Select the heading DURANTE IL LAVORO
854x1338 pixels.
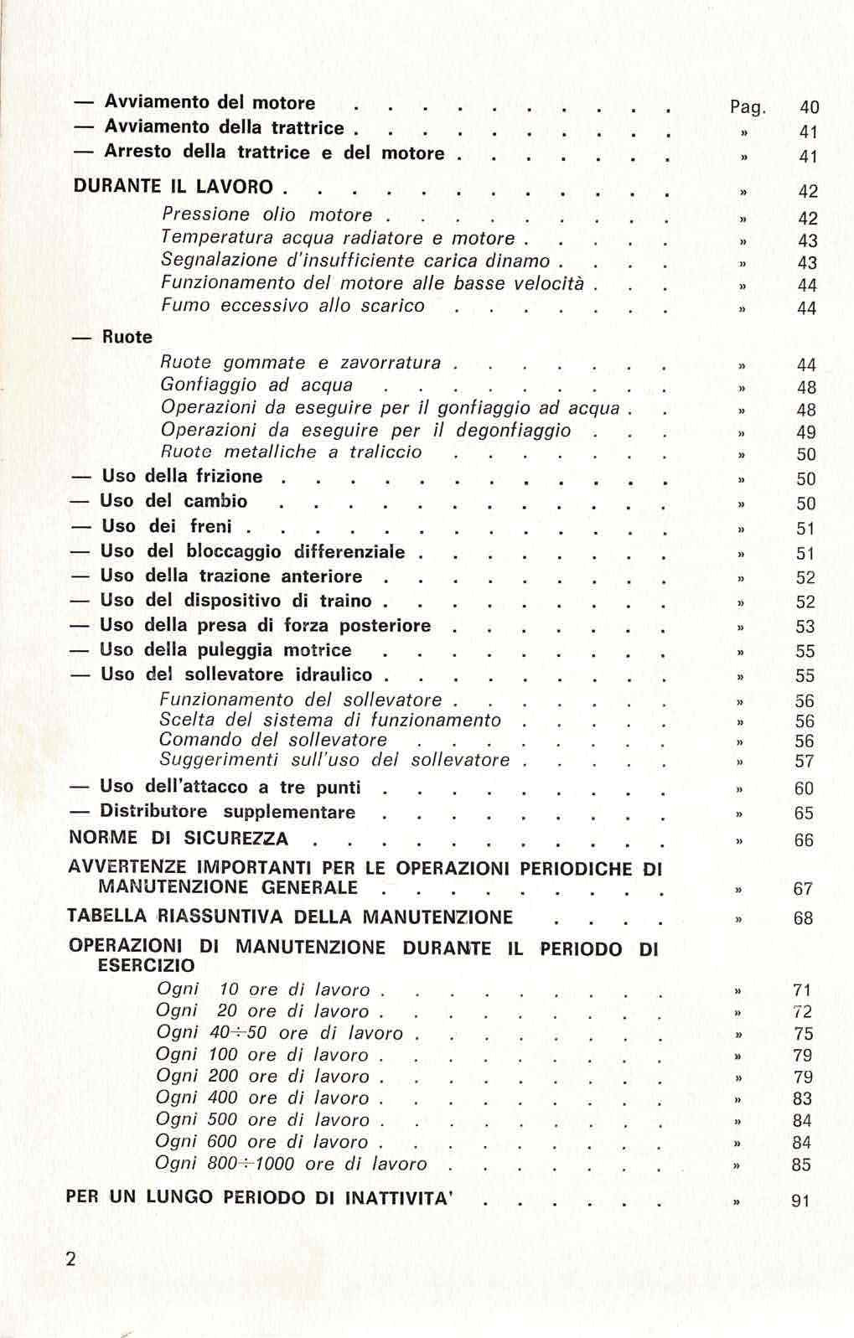point(174,187)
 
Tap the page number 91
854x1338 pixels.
point(800,1201)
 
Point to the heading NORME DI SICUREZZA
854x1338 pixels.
point(178,839)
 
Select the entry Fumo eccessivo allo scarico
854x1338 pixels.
point(292,306)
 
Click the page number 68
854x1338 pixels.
point(803,918)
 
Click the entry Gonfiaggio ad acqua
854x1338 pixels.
point(256,385)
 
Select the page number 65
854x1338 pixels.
point(803,813)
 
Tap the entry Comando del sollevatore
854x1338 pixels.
point(273,741)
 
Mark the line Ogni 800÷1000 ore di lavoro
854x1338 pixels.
point(292,1164)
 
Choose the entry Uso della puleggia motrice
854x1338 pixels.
point(225,650)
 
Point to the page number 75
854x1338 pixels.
point(803,1034)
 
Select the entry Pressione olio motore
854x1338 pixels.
point(267,215)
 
